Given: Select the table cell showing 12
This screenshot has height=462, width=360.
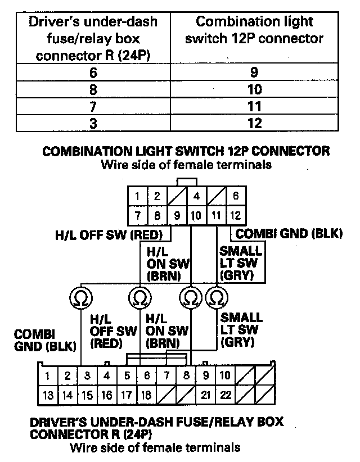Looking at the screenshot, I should tap(255, 123).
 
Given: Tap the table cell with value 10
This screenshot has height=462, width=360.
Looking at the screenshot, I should tap(255, 89).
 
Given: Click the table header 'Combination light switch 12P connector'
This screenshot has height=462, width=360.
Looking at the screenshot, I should tap(255, 30).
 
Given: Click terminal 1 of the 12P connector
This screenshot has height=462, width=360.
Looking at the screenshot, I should tap(137, 197).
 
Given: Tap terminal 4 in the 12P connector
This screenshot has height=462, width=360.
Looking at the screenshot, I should tap(196, 197).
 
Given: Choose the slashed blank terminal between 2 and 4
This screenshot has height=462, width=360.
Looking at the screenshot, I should tap(177, 197).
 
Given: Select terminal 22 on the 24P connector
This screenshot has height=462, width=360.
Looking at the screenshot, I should tap(226, 395).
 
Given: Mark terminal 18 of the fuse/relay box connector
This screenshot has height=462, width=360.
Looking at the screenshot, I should tap(146, 395).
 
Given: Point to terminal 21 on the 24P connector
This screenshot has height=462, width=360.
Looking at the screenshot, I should tap(206, 395).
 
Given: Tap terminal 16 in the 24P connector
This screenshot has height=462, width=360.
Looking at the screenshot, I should tap(106, 395).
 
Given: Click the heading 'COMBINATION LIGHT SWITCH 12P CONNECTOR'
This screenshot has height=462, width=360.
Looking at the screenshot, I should tap(186, 152).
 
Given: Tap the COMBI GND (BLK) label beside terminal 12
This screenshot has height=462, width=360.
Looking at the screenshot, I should tap(289, 233).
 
